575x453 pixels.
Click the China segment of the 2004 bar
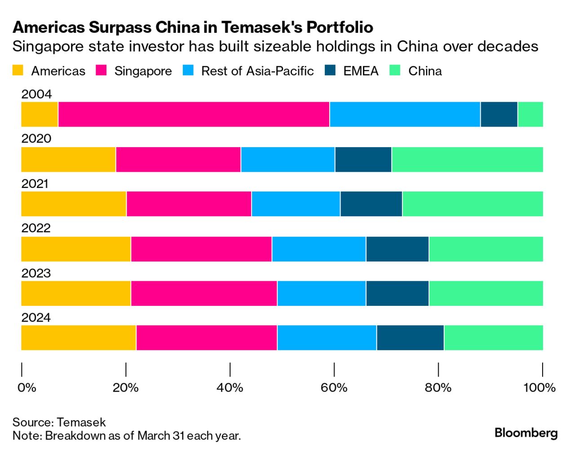[x=530, y=114]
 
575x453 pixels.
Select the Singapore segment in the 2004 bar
[x=194, y=114]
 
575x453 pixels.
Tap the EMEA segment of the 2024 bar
[x=410, y=338]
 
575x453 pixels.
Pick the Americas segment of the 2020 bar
[x=68, y=159]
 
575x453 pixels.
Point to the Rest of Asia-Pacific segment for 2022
[x=319, y=249]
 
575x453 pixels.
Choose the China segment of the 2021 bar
[x=473, y=204]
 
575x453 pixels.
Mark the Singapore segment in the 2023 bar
[x=204, y=293]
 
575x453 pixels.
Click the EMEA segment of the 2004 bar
[x=499, y=114]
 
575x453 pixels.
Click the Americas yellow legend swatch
[x=18, y=70]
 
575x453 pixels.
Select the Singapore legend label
[x=143, y=71]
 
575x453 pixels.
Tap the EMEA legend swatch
[x=330, y=70]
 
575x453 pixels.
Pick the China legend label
[x=425, y=71]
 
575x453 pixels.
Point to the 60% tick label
[x=334, y=388]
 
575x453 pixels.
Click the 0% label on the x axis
[x=27, y=388]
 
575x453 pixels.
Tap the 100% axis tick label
[x=539, y=388]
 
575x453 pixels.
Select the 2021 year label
[x=35, y=183]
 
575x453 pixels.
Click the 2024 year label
[x=36, y=318]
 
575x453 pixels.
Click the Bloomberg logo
[x=526, y=433]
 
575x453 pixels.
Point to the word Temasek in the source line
[x=81, y=422]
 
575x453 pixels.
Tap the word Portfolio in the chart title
[x=340, y=27]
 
